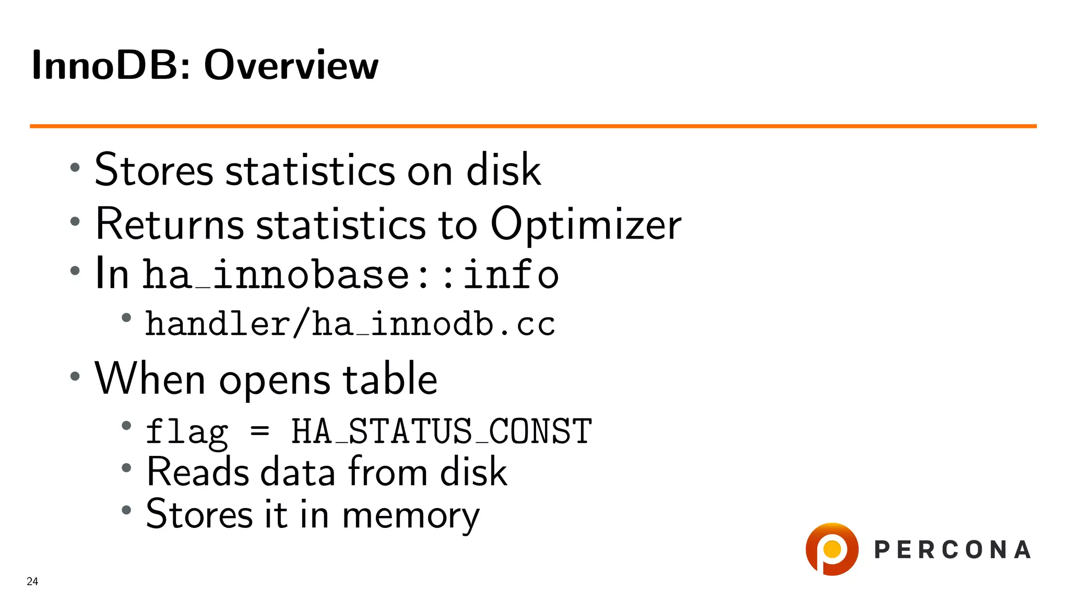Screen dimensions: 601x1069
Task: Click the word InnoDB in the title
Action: point(105,65)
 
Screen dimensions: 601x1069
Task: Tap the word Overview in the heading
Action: point(291,65)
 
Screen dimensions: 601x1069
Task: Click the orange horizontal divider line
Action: point(532,126)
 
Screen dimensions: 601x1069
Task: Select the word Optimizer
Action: point(586,224)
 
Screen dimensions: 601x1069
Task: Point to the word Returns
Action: point(170,224)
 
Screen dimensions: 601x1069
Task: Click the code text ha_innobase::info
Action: point(351,274)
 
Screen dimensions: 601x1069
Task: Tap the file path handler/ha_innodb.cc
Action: point(350,324)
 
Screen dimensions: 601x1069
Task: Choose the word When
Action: point(150,379)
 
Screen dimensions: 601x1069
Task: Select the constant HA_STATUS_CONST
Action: point(441,431)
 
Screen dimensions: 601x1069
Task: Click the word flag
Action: point(187,432)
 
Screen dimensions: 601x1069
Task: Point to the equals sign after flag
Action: point(259,431)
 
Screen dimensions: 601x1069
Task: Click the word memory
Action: point(410,515)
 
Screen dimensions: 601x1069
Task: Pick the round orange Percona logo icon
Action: point(832,549)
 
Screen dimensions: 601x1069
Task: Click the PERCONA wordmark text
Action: point(952,550)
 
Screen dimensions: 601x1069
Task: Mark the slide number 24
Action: point(32,581)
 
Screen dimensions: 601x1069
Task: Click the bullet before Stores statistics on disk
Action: point(75,167)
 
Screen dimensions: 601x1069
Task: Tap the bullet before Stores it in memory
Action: point(126,510)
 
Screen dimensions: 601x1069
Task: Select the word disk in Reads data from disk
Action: point(473,472)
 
